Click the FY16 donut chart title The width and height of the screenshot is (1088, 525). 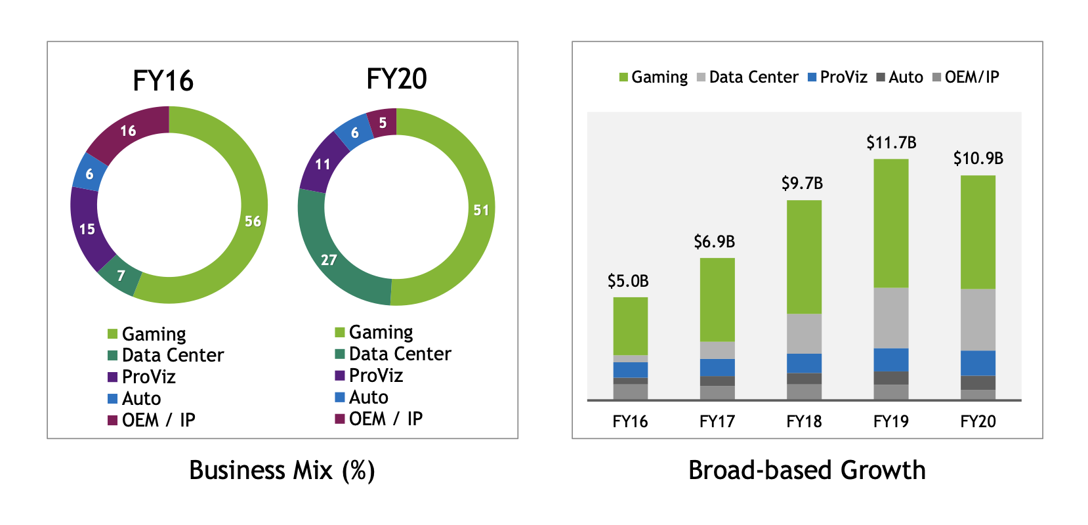(163, 81)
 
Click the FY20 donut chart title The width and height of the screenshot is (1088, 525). (396, 79)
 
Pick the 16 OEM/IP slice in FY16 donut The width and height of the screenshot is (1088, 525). (128, 131)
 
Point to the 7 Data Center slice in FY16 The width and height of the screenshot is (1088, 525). (121, 276)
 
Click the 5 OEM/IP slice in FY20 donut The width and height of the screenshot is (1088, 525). (383, 123)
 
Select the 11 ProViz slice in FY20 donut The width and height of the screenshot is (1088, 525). (322, 164)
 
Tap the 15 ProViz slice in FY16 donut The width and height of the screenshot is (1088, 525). (87, 229)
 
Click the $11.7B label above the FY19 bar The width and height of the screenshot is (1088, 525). (891, 142)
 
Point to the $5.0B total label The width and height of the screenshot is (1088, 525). (628, 282)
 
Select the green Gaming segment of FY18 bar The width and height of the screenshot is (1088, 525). (804, 256)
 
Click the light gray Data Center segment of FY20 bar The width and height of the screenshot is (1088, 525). (978, 320)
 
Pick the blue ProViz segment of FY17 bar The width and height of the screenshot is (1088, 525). (717, 367)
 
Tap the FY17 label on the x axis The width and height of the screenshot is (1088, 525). (717, 422)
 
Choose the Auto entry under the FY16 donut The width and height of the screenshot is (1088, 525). (141, 398)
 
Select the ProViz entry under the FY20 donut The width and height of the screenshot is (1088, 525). (375, 375)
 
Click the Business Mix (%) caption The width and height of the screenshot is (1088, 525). (282, 471)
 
